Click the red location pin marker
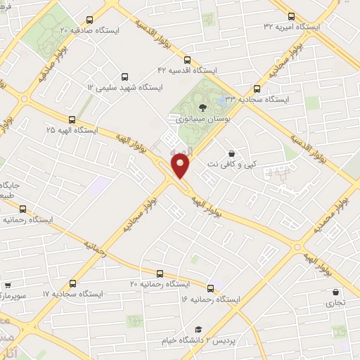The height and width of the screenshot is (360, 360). tap(181, 166)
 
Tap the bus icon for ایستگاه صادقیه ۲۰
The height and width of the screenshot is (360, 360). tap(88, 20)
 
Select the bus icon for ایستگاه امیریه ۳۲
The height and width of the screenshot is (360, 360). tap(292, 16)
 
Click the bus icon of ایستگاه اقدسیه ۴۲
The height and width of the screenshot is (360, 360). tap(186, 60)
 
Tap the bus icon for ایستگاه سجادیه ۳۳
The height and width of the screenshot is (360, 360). tap(257, 89)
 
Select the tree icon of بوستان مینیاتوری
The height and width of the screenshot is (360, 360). tap(202, 108)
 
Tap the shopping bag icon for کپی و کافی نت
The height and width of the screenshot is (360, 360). tap(232, 153)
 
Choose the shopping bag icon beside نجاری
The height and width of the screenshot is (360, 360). tap(335, 292)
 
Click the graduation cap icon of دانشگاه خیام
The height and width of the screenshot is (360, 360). tap(198, 330)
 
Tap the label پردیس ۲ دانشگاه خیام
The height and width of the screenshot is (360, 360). tap(198, 340)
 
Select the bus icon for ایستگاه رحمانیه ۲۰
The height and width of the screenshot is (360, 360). tap(160, 274)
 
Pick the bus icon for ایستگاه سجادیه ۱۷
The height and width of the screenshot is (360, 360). tap(73, 283)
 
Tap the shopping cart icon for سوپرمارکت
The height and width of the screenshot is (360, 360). tap(7, 285)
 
